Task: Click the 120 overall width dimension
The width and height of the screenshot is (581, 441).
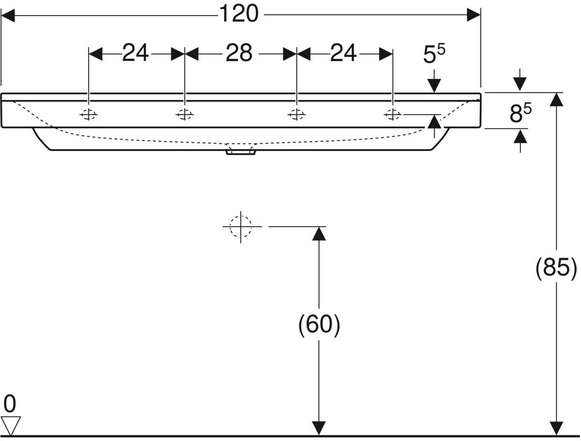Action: [x=239, y=14]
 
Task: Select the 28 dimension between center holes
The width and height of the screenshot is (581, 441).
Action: [x=239, y=53]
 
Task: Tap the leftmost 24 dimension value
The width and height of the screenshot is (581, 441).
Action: [x=135, y=53]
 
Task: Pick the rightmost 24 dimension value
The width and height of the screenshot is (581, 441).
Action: [x=343, y=53]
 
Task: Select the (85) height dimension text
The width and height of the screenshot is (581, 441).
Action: [x=556, y=268]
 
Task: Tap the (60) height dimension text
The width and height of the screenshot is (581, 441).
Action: [x=319, y=325]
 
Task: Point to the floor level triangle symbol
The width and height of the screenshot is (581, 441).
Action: [x=11, y=426]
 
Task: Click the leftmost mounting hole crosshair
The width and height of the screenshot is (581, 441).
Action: [x=89, y=115]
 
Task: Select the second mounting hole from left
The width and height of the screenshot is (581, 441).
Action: [x=184, y=115]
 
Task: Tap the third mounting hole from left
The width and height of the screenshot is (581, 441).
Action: [x=296, y=115]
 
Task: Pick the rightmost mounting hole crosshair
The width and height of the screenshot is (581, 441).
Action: [x=393, y=115]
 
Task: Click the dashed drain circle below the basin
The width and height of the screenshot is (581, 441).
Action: [x=241, y=226]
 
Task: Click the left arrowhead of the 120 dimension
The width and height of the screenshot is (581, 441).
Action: [x=8, y=15]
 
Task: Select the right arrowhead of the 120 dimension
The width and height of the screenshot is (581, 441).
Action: [x=474, y=15]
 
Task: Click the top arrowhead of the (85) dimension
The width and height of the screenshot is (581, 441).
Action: [x=556, y=100]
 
